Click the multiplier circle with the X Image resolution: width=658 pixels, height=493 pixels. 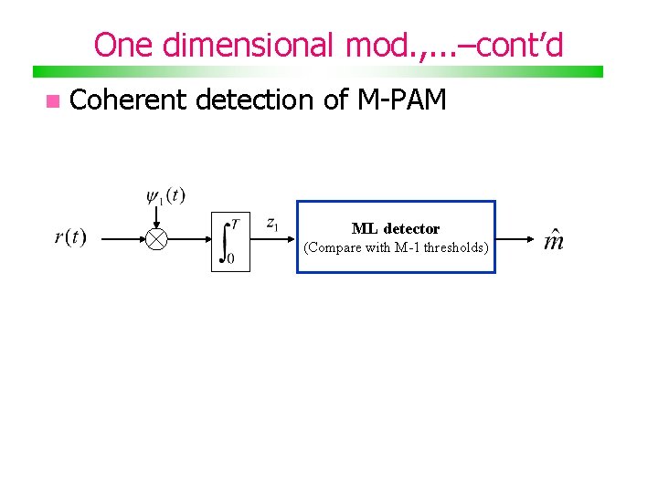(157, 239)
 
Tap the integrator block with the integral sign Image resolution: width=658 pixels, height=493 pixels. (229, 242)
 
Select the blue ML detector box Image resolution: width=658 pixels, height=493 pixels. (396, 236)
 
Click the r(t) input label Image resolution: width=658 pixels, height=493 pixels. (70, 238)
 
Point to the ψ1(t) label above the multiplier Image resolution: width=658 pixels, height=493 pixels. (165, 196)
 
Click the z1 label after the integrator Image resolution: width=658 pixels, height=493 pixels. (272, 223)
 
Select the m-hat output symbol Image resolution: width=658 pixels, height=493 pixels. (553, 240)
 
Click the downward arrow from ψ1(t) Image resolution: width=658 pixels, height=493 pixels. (157, 217)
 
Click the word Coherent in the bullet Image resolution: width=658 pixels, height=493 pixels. (128, 100)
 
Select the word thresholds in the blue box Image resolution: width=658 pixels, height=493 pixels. (455, 247)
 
